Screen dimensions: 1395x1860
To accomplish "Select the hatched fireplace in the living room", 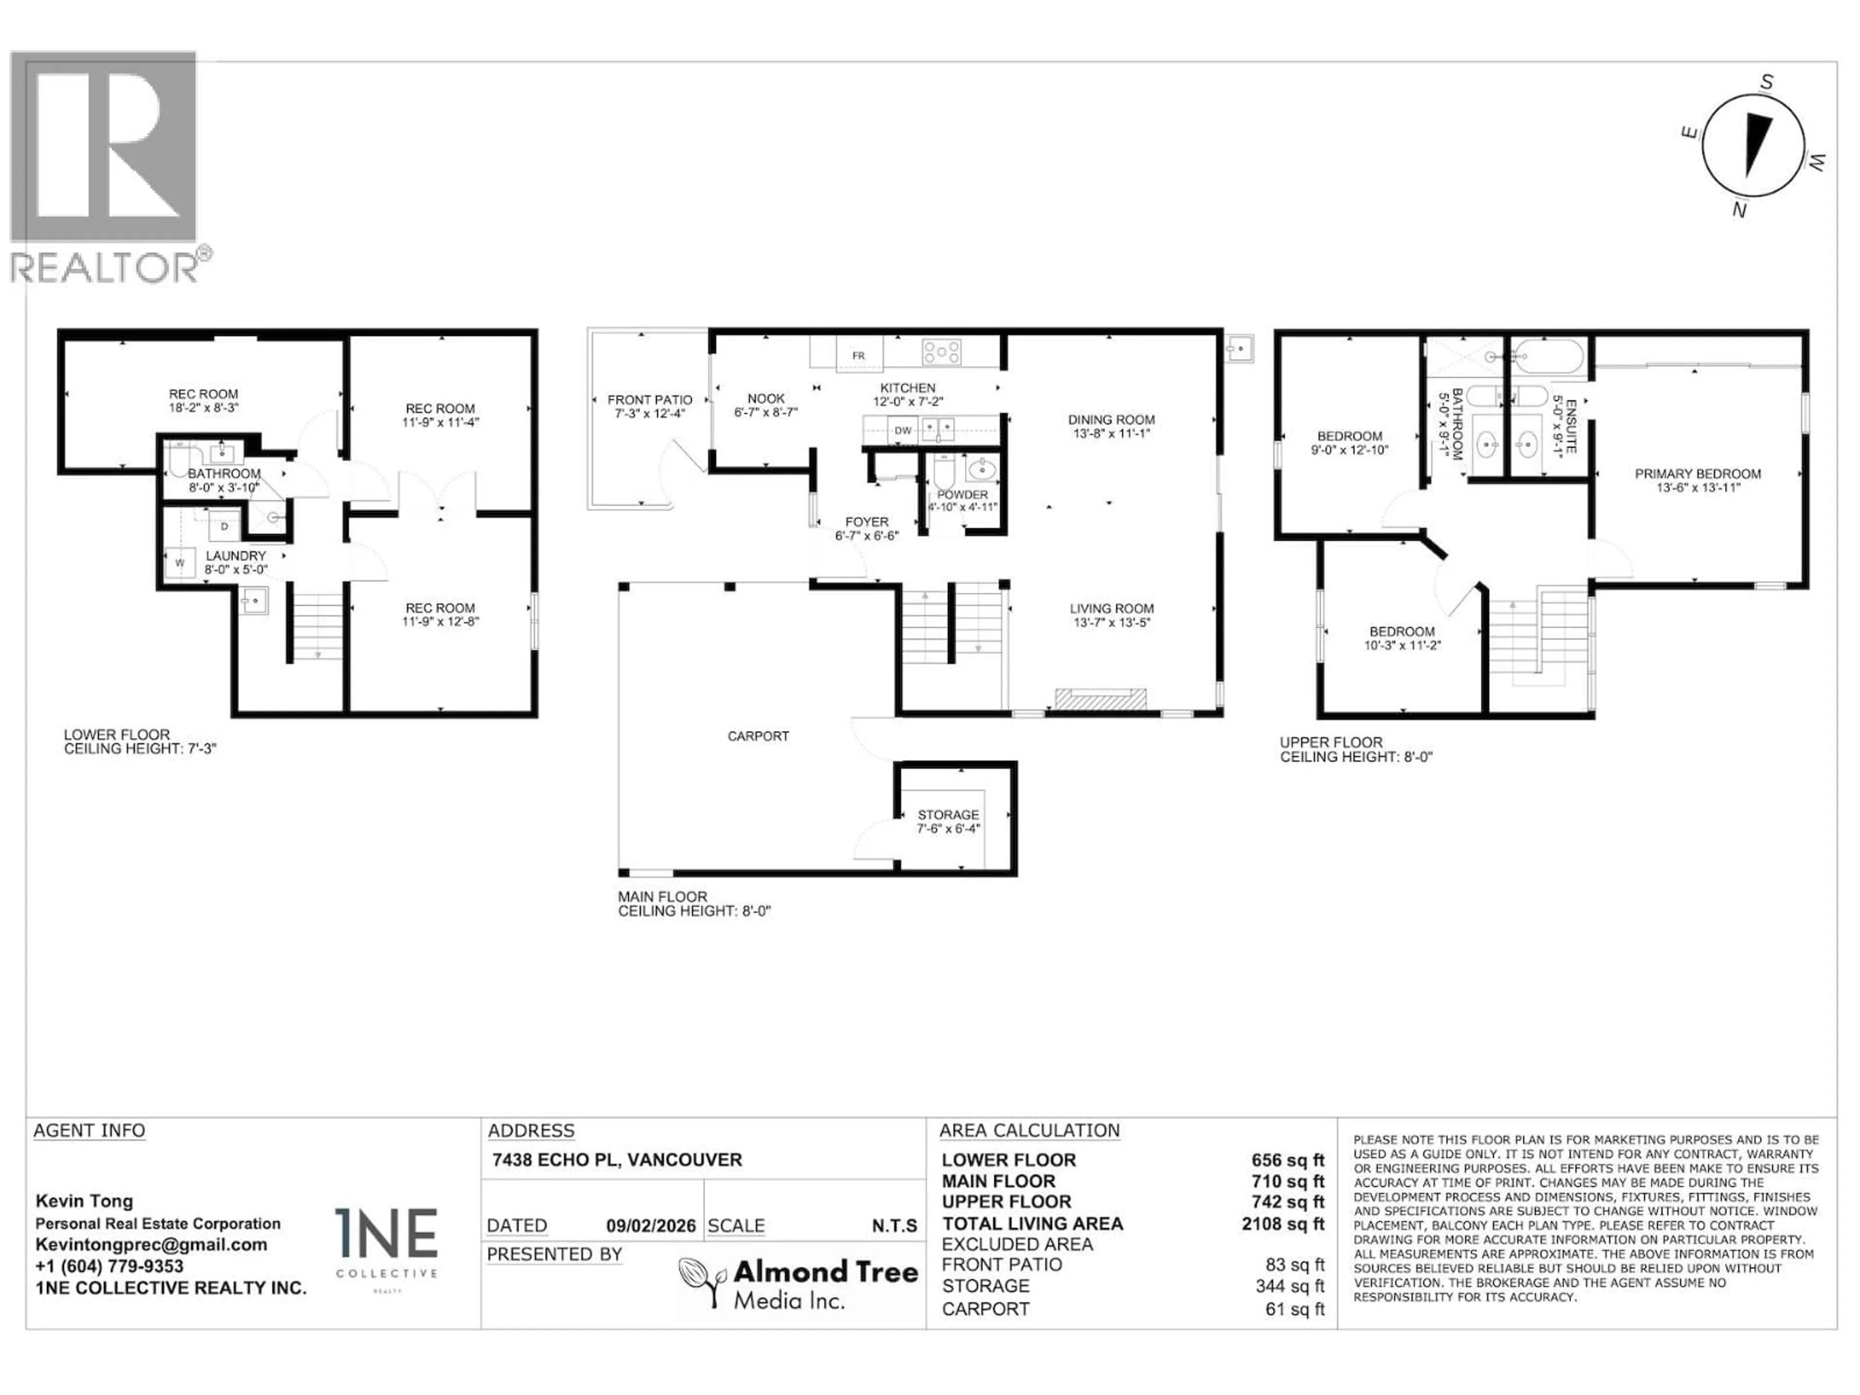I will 1100,699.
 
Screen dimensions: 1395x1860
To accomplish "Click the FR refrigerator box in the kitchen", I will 858,355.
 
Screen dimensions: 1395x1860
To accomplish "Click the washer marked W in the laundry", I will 179,562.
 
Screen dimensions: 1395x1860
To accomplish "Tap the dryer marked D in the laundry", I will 224,527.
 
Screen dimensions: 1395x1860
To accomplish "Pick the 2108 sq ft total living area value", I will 1282,1224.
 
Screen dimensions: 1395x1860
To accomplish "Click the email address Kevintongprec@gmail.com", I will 151,1244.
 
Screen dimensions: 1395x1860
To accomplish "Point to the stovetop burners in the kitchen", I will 941,352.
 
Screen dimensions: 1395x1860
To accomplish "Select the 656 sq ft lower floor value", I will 1287,1161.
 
